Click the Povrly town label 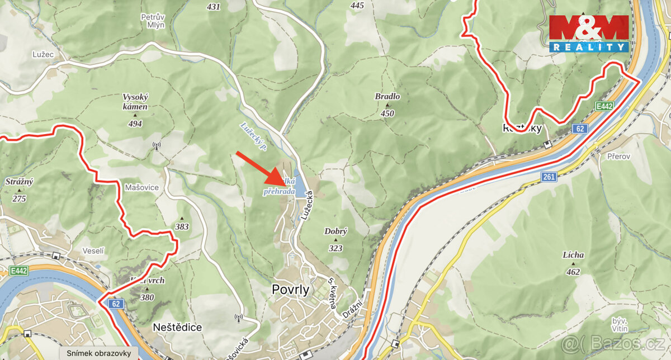pyautogui.click(x=291, y=289)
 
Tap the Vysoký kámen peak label pyautogui.click(x=135, y=101)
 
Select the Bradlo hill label pyautogui.click(x=387, y=97)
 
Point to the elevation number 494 pyautogui.click(x=135, y=124)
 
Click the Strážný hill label pyautogui.click(x=19, y=182)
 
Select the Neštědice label pyautogui.click(x=177, y=326)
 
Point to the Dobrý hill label pyautogui.click(x=335, y=231)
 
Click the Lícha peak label pyautogui.click(x=573, y=255)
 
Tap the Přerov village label pyautogui.click(x=619, y=157)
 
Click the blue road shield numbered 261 pyautogui.click(x=549, y=177)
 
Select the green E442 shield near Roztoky pyautogui.click(x=604, y=106)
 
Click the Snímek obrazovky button pyautogui.click(x=99, y=353)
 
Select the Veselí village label pyautogui.click(x=93, y=251)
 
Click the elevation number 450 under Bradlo pyautogui.click(x=387, y=114)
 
